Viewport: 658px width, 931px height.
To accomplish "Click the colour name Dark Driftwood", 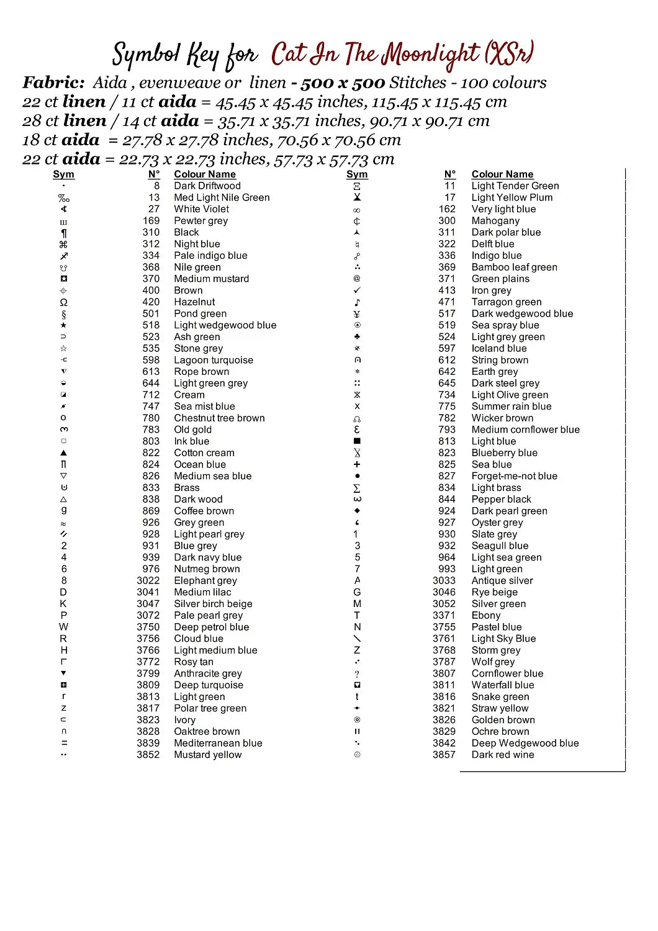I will point(207,186).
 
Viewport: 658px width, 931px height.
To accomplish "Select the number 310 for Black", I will point(151,232).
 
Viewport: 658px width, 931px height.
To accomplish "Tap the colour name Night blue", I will point(197,244).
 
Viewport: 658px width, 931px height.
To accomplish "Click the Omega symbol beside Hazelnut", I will point(63,302).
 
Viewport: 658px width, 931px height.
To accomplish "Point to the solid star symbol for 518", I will point(63,325).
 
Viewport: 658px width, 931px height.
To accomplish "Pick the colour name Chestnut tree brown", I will point(219,418).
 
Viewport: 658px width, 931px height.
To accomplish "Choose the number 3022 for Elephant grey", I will point(148,580).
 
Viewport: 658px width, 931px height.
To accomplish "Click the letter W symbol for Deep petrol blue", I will point(63,627).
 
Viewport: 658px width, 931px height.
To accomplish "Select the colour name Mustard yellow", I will point(207,755).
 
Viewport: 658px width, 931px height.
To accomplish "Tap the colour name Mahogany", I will point(495,220).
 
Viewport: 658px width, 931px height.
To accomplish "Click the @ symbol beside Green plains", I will point(357,279).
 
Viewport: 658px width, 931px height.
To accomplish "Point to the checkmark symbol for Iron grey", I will point(357,290).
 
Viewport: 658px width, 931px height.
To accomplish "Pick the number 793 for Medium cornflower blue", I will point(447,430).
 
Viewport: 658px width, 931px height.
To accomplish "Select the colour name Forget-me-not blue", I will point(514,476).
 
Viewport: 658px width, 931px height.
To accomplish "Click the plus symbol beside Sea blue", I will point(357,464).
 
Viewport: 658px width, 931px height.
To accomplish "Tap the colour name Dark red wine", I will point(503,755).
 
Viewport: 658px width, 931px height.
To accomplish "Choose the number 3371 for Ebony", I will point(444,615).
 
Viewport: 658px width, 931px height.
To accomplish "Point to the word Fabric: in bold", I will point(53,83).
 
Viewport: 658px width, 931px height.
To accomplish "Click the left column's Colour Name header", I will point(205,174).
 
